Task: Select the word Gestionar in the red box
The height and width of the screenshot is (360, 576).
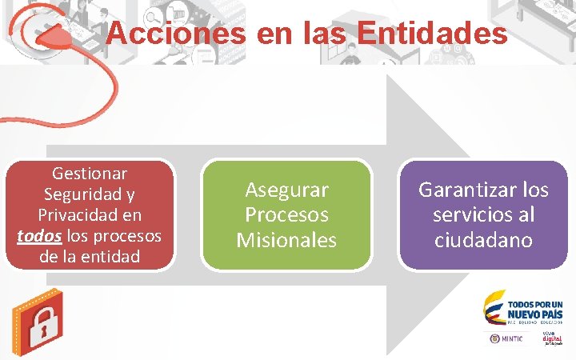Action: point(90,173)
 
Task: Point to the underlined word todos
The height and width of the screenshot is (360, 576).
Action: point(37,236)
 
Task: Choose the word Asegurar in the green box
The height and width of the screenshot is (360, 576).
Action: point(286,190)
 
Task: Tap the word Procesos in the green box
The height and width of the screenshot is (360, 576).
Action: point(286,214)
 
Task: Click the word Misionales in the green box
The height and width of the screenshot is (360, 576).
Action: point(286,239)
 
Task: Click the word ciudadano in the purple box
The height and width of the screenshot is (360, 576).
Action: point(483,239)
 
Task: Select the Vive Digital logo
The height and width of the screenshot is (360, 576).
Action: point(552,338)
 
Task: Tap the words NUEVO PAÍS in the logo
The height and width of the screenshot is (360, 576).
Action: point(536,314)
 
